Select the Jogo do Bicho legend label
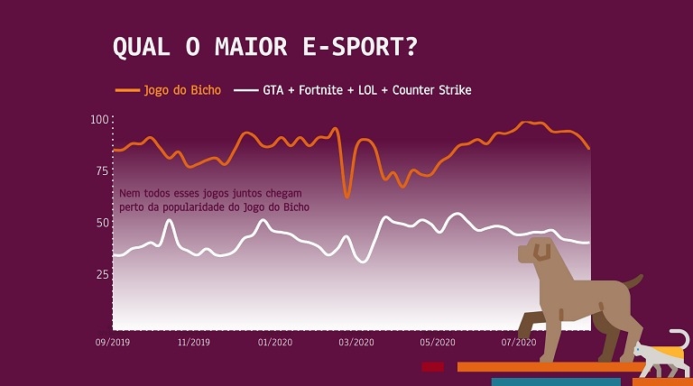(x=182, y=90)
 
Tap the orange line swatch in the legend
(x=128, y=90)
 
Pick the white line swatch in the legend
(x=245, y=90)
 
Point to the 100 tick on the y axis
(x=99, y=120)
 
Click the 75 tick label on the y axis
(x=102, y=170)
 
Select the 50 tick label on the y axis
(x=102, y=222)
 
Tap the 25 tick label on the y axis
(x=102, y=273)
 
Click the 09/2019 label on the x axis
(x=113, y=343)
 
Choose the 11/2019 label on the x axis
(x=194, y=343)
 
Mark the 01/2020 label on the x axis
(x=275, y=343)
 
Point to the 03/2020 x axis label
(x=356, y=343)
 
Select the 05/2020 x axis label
(x=438, y=343)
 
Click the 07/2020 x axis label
(x=519, y=343)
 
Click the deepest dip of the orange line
(x=346, y=196)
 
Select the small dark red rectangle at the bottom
(x=433, y=367)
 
